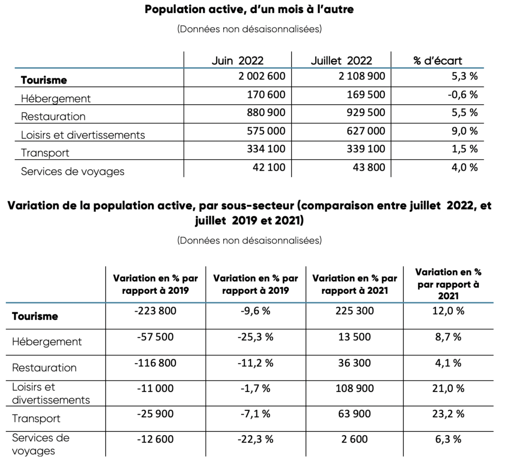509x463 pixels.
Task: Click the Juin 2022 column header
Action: tap(237, 61)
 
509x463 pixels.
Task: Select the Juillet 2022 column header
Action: tap(341, 61)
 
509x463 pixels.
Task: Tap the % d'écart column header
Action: tap(437, 61)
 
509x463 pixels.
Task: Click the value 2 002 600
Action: tap(261, 76)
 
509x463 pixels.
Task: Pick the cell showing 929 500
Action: tap(366, 112)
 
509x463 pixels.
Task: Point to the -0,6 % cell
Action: tap(463, 94)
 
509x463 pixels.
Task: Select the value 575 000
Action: tap(266, 131)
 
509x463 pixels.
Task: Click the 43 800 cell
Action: tap(369, 167)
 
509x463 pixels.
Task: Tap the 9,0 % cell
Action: tap(465, 131)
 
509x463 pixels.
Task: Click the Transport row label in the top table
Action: tap(45, 153)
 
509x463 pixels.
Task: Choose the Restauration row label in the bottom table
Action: tap(44, 368)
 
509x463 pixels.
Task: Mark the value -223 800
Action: tap(155, 311)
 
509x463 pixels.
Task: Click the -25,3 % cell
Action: tap(255, 337)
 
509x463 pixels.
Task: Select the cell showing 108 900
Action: tap(354, 388)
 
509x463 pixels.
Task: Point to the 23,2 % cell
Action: tap(448, 414)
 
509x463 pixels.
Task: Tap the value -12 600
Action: tap(155, 439)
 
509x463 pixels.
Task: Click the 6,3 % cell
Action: tap(448, 439)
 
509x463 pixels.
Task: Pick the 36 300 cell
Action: tap(354, 363)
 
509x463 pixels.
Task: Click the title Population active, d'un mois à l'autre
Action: tap(249, 9)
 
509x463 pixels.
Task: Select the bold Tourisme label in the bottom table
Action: tap(35, 316)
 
